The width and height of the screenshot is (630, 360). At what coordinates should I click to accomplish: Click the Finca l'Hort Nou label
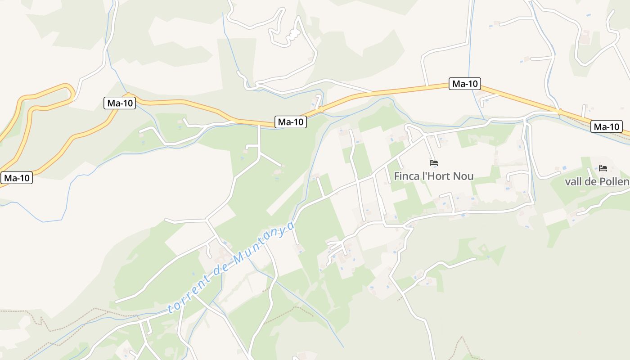(x=434, y=176)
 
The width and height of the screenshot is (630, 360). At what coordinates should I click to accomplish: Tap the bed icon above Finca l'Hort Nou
(x=434, y=163)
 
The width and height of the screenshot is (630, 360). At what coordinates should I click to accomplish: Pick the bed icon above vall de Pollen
(x=603, y=168)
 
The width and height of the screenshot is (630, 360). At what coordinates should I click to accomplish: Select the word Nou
(x=463, y=176)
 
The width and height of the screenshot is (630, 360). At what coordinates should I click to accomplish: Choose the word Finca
(x=406, y=176)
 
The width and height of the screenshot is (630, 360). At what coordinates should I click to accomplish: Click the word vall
(x=575, y=181)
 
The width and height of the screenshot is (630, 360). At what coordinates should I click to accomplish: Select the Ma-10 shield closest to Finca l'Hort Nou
(x=465, y=83)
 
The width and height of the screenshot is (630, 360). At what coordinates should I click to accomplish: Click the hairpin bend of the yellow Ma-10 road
(x=69, y=90)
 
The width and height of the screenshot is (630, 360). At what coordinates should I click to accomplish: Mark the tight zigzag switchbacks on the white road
(x=294, y=34)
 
